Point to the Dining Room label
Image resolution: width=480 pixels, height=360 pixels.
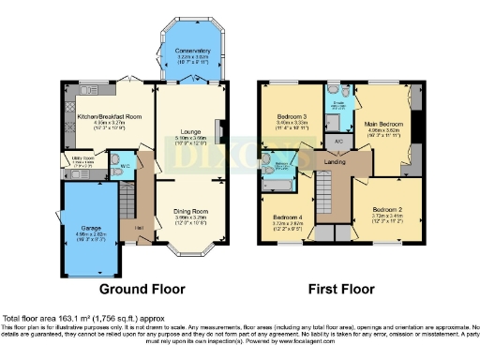point(192,212)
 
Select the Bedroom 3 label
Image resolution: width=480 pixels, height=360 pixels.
point(292,117)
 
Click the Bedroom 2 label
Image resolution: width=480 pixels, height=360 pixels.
point(385,210)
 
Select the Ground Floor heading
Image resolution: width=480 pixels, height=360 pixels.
point(142,289)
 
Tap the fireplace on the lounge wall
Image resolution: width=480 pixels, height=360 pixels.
point(218,129)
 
